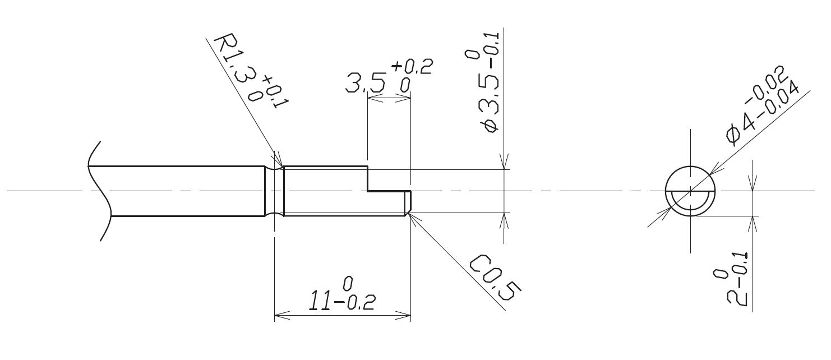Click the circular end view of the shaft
690,191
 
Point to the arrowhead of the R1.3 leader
276,161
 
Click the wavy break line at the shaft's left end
96,191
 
